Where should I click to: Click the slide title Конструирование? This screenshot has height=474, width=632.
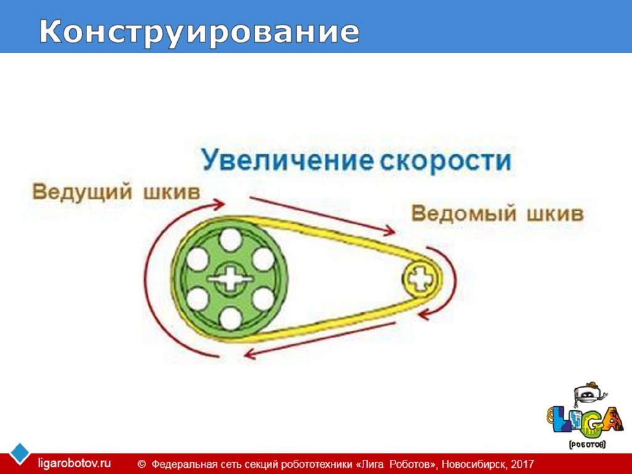pyautogui.click(x=199, y=33)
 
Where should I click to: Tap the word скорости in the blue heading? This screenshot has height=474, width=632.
pyautogui.click(x=444, y=161)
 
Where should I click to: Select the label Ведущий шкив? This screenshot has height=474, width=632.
pyautogui.click(x=116, y=191)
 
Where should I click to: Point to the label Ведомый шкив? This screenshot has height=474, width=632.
pyautogui.click(x=497, y=214)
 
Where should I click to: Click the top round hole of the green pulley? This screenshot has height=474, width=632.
pyautogui.click(x=230, y=239)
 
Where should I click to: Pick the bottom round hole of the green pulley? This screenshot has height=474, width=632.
pyautogui.click(x=230, y=318)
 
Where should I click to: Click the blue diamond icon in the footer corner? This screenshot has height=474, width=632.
pyautogui.click(x=20, y=453)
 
